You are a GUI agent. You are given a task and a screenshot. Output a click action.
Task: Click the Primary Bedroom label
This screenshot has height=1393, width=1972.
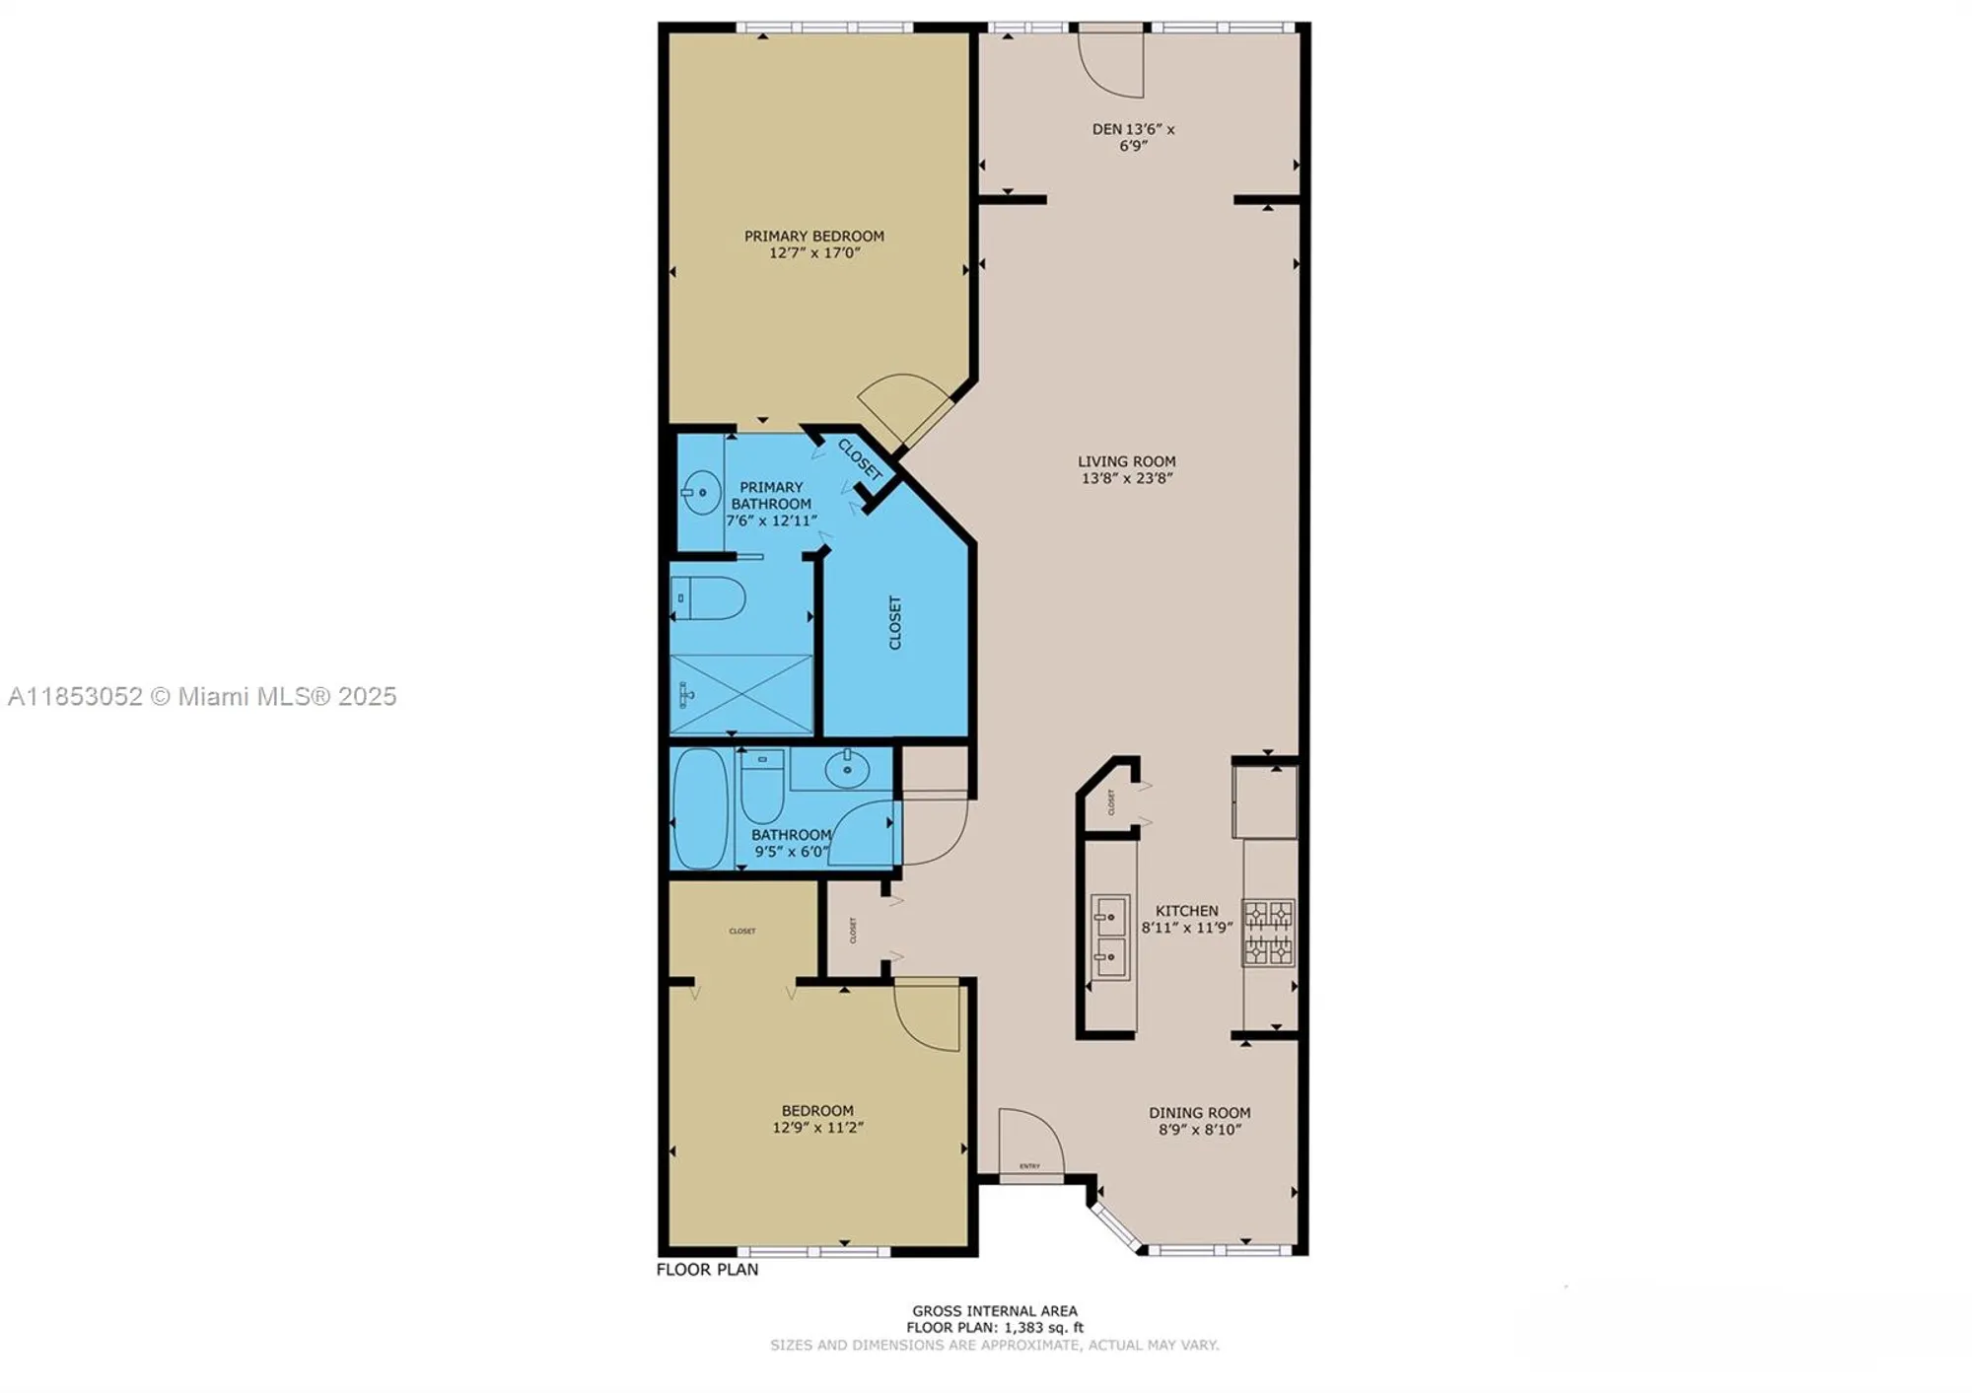(x=813, y=236)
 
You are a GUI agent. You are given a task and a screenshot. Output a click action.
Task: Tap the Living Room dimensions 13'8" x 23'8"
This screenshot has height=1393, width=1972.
(x=1126, y=478)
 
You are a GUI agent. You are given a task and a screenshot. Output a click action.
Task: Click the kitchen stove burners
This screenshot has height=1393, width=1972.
(x=1268, y=932)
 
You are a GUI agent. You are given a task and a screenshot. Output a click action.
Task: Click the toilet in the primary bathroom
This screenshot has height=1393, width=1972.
(x=707, y=597)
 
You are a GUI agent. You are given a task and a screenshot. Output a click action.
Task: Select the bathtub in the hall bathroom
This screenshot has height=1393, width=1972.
(x=700, y=808)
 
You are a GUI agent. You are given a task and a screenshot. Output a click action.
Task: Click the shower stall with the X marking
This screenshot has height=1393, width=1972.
(x=741, y=694)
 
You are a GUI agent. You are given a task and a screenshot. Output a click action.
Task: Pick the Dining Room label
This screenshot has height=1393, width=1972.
(x=1199, y=1112)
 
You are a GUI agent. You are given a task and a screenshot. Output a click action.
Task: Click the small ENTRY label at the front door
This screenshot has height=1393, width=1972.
(x=1029, y=1166)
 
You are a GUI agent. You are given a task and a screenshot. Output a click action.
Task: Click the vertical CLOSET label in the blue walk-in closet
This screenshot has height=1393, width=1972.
(x=895, y=622)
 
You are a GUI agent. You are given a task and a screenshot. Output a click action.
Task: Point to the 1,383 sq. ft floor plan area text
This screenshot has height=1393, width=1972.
(x=994, y=1327)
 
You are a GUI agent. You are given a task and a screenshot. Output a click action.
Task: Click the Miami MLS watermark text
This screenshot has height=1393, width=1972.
(x=202, y=696)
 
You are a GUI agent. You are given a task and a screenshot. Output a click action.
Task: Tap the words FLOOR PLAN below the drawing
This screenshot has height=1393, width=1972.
(x=707, y=1269)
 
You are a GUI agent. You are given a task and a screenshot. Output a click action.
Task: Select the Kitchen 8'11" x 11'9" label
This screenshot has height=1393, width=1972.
(x=1187, y=919)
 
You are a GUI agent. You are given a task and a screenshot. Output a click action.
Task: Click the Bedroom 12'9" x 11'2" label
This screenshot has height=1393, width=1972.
(x=817, y=1118)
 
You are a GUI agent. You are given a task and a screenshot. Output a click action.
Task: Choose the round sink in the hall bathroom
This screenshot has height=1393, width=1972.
(x=847, y=768)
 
